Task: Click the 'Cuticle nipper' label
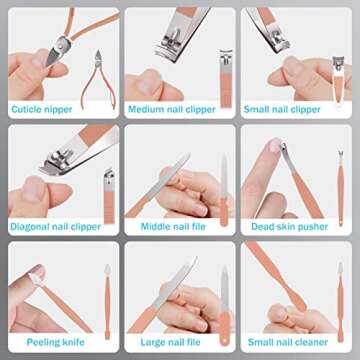(x=42, y=109)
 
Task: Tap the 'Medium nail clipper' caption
(x=172, y=109)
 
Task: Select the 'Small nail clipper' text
(x=282, y=109)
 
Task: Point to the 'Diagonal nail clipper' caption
(x=55, y=227)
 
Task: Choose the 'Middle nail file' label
(x=173, y=227)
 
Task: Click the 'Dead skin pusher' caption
(x=290, y=227)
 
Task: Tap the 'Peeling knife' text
(x=56, y=342)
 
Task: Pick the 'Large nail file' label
(x=170, y=342)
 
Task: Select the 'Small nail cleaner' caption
(x=288, y=342)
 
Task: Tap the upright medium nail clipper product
(x=226, y=79)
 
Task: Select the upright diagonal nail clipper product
(x=109, y=197)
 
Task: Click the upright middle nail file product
(x=224, y=190)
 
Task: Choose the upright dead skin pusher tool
(x=340, y=188)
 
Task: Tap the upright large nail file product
(x=225, y=305)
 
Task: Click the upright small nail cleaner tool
(x=340, y=302)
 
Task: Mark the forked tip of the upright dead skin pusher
(x=340, y=154)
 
